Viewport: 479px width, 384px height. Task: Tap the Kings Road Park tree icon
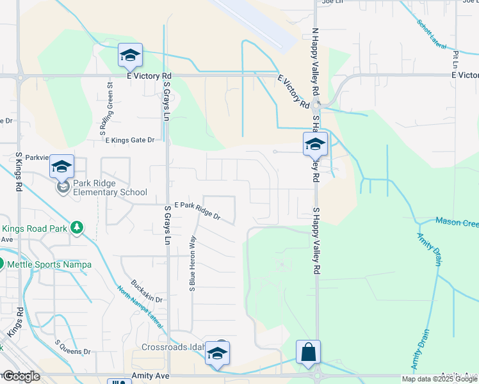pyautogui.click(x=77, y=227)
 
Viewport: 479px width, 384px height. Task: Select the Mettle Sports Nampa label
pyautogui.click(x=50, y=264)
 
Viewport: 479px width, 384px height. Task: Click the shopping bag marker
pyautogui.click(x=308, y=353)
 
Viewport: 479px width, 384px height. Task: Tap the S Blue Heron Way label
pyautogui.click(x=191, y=264)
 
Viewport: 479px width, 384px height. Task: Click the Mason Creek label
pyautogui.click(x=457, y=222)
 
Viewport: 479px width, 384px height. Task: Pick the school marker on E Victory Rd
pyautogui.click(x=130, y=56)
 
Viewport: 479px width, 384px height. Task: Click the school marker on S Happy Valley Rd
pyautogui.click(x=315, y=145)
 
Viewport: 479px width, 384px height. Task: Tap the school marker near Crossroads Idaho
pyautogui.click(x=218, y=353)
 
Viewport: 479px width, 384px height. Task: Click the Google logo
pyautogui.click(x=20, y=376)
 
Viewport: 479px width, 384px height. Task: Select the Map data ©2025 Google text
pyautogui.click(x=439, y=379)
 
